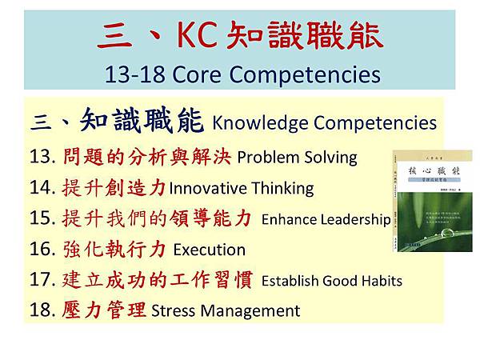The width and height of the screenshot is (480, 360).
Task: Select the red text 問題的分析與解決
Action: pyautogui.click(x=146, y=156)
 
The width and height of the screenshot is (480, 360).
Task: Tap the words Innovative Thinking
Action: pyautogui.click(x=241, y=188)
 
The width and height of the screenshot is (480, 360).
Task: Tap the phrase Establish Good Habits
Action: pyautogui.click(x=331, y=281)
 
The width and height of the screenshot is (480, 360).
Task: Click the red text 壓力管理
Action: pyautogui.click(x=104, y=310)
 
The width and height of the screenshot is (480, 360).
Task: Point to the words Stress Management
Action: pyautogui.click(x=225, y=311)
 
